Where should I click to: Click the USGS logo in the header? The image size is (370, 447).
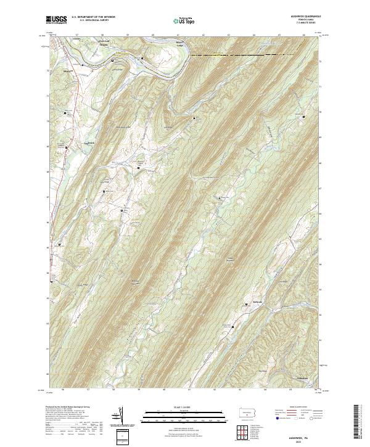click(56, 20)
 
